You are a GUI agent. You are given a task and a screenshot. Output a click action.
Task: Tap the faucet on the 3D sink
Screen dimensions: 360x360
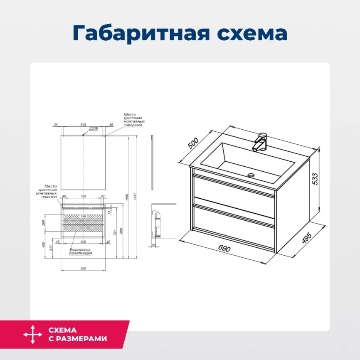coord(261,142)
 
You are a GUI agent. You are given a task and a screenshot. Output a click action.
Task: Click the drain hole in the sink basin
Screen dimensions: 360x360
coord(251,175)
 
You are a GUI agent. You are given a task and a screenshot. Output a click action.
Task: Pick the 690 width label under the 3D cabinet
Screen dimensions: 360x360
coord(224,249)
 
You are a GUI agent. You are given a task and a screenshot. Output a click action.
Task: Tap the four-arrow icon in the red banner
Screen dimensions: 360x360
coord(33,335)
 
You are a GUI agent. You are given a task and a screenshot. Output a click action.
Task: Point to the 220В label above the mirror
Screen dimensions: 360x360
coord(94,129)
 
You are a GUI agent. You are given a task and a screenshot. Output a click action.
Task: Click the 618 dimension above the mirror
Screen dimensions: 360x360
coord(83,124)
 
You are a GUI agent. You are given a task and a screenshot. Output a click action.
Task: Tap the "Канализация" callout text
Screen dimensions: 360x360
coord(81,253)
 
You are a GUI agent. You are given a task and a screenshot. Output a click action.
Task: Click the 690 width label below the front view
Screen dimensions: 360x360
coord(83,268)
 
